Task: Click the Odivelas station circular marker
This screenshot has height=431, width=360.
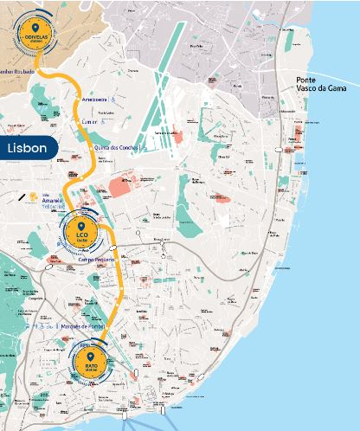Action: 35,33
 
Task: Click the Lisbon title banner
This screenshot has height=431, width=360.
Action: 29,148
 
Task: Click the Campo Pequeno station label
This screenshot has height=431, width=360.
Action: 96,259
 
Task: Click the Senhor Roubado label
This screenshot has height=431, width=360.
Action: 17,72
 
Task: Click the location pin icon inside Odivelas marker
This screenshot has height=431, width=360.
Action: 35,28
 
